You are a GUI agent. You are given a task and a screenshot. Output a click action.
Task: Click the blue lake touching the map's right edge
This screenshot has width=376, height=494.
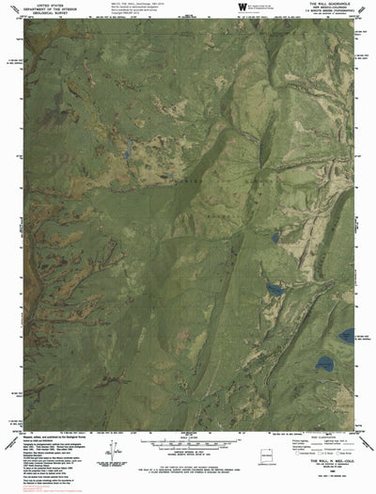(348, 334)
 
